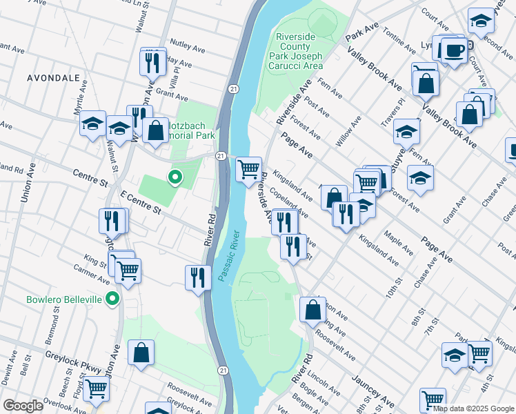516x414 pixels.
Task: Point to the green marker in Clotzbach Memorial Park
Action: (x=175, y=177)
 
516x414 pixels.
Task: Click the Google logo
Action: (x=23, y=406)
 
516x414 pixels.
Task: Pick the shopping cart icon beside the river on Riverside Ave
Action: (x=248, y=168)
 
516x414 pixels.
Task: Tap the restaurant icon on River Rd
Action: (x=198, y=277)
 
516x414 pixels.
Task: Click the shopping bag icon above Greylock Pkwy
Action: (x=141, y=353)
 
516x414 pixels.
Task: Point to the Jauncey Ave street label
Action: (x=373, y=390)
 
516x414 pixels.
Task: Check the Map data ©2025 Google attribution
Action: (x=473, y=408)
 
